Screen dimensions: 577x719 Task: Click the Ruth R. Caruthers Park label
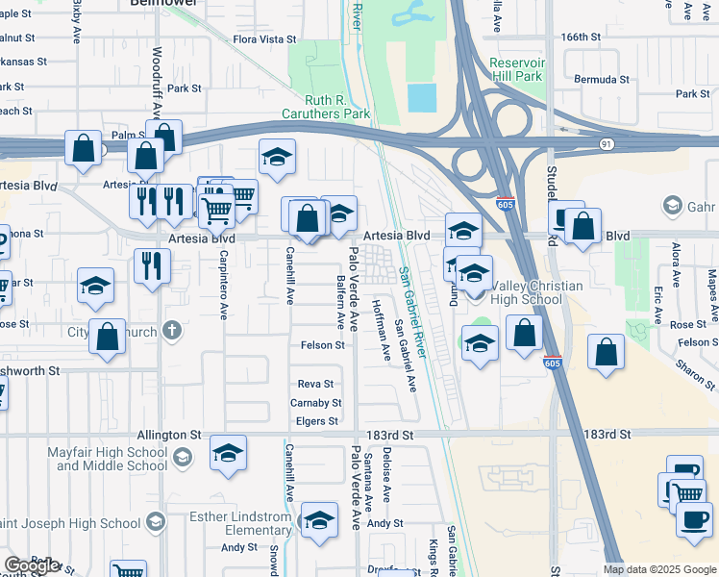pos(324,107)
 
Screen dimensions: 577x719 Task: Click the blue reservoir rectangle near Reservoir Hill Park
pos(421,97)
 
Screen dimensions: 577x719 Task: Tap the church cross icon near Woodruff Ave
pos(172,331)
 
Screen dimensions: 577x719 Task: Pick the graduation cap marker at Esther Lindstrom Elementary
pos(319,520)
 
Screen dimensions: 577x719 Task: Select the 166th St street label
pos(581,37)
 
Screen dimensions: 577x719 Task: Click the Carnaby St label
pos(315,403)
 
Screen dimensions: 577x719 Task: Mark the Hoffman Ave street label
pos(387,339)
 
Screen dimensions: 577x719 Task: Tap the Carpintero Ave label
pos(223,287)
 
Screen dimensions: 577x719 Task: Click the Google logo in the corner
pos(32,564)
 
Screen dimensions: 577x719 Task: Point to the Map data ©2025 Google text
pos(659,569)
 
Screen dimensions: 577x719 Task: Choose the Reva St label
pos(314,384)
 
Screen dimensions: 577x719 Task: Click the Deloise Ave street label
pos(387,478)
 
